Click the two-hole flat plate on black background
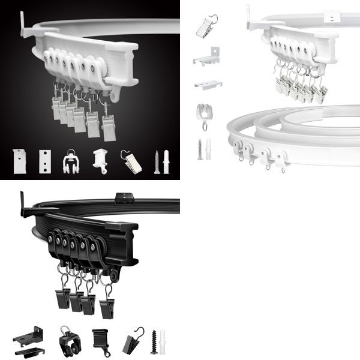coord(44,161)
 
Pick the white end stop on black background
coord(99,161)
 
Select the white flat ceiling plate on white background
coord(208,83)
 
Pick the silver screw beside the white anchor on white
coord(200,149)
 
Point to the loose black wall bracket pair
coord(29,340)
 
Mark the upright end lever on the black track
coord(24,205)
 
